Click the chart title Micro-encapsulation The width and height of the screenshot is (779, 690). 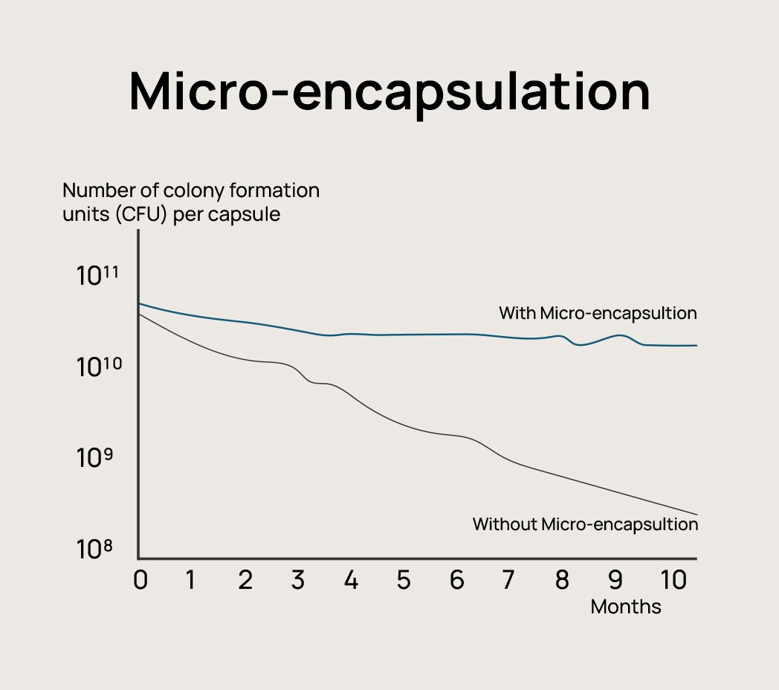[x=389, y=92]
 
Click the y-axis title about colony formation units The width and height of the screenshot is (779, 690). [x=191, y=202]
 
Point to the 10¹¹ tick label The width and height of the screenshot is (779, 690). [x=97, y=276]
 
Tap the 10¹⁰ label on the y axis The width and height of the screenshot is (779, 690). [x=97, y=367]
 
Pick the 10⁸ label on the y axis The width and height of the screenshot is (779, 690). [x=94, y=549]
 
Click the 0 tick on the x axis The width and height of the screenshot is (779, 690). [x=140, y=581]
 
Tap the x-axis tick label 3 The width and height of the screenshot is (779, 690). [x=298, y=581]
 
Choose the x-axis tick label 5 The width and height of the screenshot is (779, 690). [x=404, y=581]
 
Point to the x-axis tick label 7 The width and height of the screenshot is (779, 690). [x=508, y=581]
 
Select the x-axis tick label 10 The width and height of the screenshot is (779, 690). [x=673, y=581]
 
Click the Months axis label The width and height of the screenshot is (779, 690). [x=626, y=607]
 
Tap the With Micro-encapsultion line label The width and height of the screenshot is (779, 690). [x=598, y=313]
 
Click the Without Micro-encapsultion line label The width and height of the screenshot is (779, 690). [x=585, y=524]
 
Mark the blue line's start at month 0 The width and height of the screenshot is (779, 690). [x=140, y=303]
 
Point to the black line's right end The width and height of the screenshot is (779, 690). [x=696, y=514]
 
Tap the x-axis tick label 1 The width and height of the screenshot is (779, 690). [x=191, y=581]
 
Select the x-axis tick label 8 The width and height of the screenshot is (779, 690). [x=562, y=581]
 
